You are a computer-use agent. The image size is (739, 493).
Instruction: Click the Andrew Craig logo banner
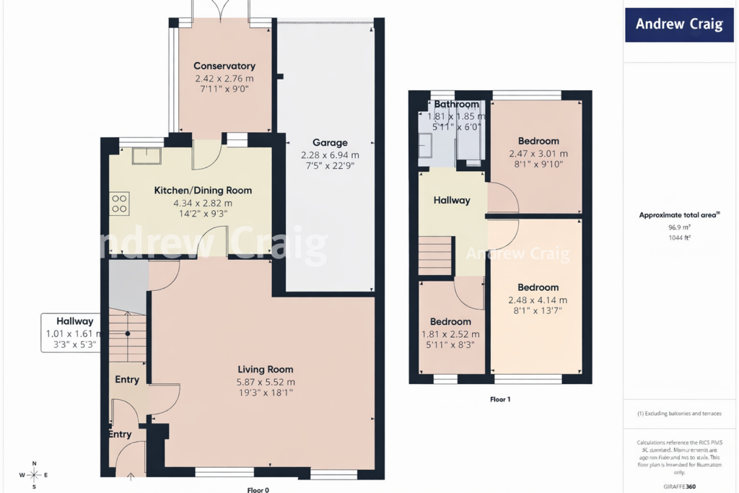point(679,25)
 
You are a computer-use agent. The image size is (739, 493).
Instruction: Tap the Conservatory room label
point(224,66)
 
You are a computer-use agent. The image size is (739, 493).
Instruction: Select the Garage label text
point(330,142)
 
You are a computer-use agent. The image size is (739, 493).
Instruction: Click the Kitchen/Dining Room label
point(203,191)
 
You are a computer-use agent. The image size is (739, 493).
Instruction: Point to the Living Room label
point(265,370)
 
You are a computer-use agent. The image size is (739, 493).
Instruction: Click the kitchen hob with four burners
point(120,204)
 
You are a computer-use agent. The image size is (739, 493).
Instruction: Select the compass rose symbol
point(33,474)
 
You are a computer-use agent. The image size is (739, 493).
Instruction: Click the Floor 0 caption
point(258,490)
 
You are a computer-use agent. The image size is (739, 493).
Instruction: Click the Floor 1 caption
point(499,398)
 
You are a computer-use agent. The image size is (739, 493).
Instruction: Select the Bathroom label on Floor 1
point(456,105)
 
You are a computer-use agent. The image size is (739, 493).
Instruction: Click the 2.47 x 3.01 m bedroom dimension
point(538,154)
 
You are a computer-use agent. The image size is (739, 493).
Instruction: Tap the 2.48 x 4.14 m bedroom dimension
point(538,300)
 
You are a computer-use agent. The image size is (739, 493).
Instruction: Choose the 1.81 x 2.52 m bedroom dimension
point(450,334)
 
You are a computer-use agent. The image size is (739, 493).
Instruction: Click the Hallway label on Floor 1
point(452,201)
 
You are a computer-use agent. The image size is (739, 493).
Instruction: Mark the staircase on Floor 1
point(435,256)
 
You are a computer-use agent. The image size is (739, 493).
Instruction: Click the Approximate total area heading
point(679,215)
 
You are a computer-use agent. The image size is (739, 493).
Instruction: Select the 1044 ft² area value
point(679,237)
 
